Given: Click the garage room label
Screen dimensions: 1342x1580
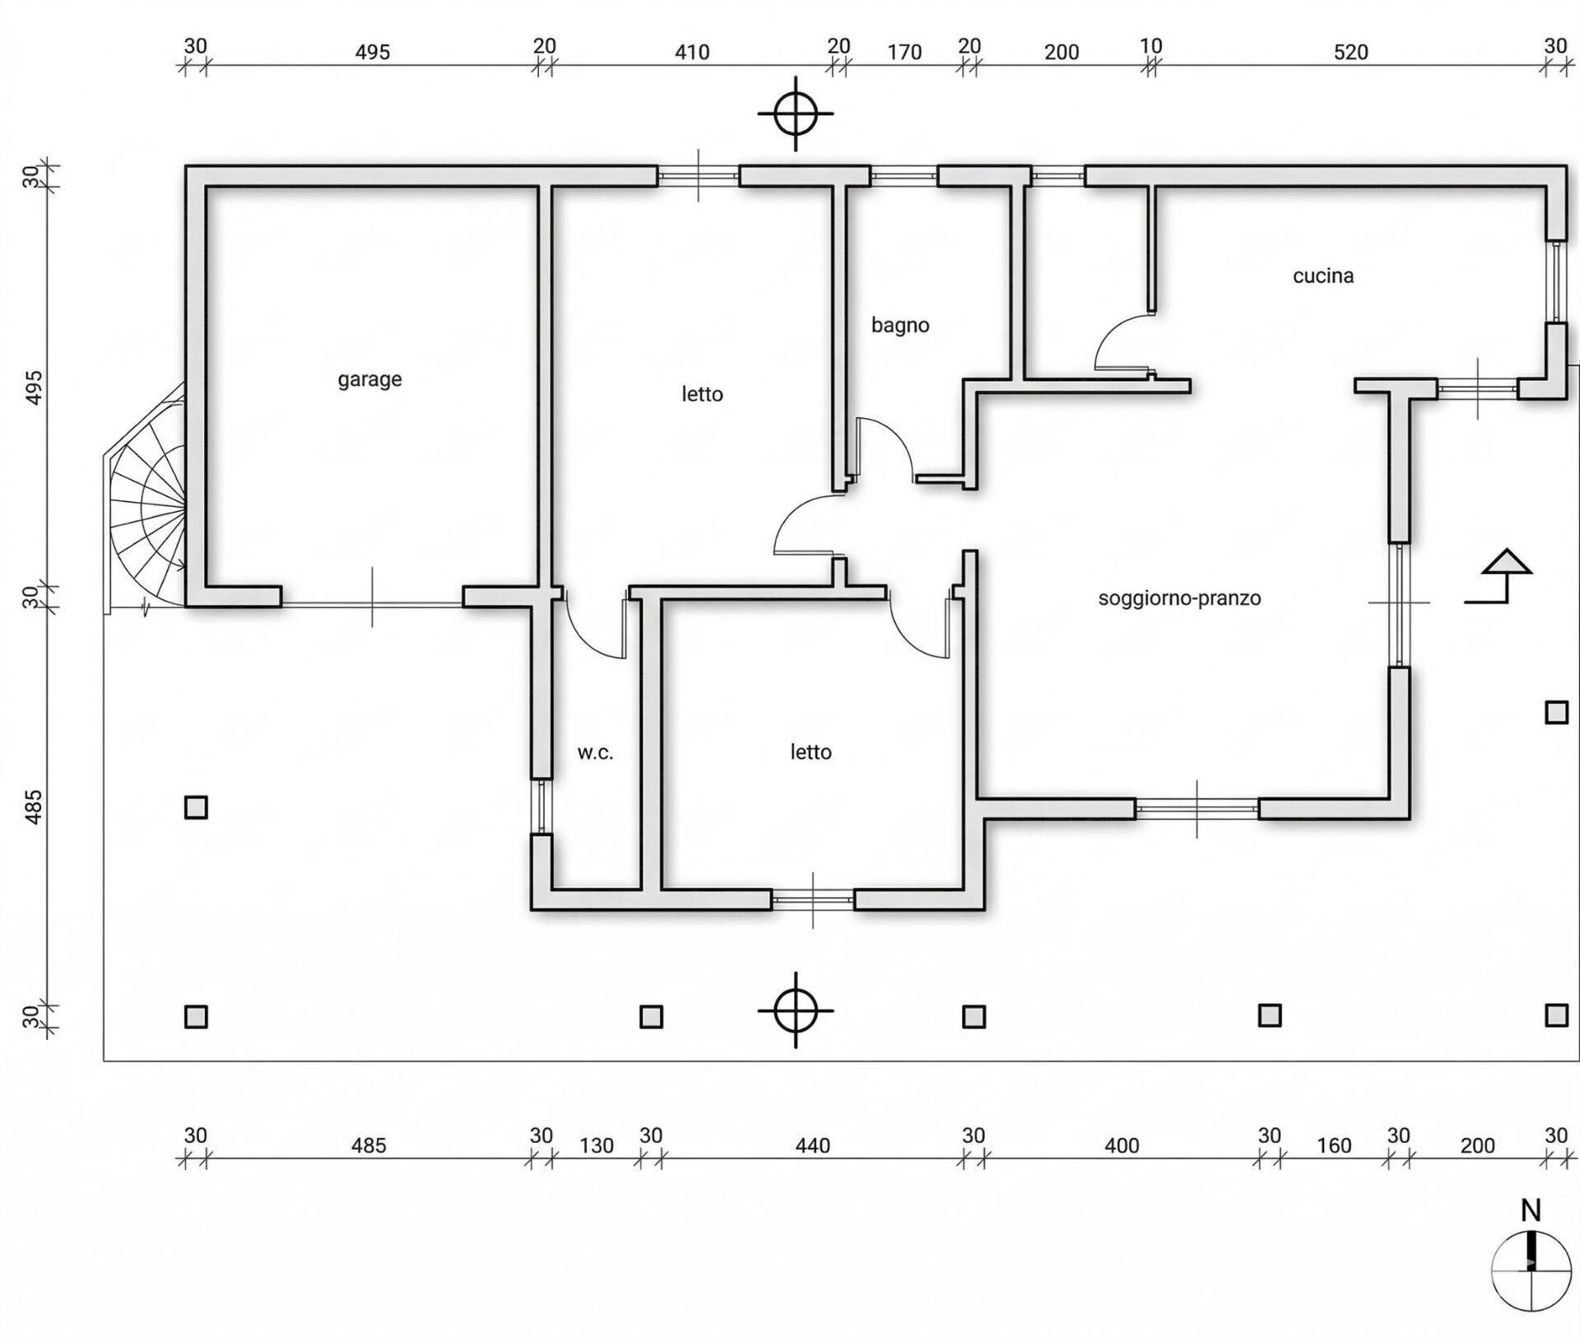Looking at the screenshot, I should pyautogui.click(x=369, y=379).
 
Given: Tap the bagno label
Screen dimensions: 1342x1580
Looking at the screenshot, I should pyautogui.click(x=900, y=325).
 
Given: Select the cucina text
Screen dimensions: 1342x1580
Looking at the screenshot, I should pyautogui.click(x=1322, y=276).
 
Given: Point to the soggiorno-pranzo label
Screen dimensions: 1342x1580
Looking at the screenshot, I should pyautogui.click(x=1179, y=598).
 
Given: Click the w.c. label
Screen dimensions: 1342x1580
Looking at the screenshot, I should pyautogui.click(x=595, y=752).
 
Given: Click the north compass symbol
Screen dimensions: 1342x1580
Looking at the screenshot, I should pyautogui.click(x=1531, y=1270).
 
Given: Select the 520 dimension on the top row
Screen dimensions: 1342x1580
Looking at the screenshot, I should pyautogui.click(x=1350, y=53).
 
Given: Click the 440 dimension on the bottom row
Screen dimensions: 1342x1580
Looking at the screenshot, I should pyautogui.click(x=812, y=1145).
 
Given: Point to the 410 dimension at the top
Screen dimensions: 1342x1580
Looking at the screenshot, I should pyautogui.click(x=691, y=53).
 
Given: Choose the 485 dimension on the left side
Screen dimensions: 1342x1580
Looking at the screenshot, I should pyautogui.click(x=33, y=807).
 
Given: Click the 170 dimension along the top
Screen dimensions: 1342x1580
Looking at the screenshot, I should pyautogui.click(x=904, y=53).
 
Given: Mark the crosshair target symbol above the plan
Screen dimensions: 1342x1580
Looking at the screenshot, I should pyautogui.click(x=795, y=114).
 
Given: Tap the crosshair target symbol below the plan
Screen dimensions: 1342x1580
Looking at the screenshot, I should pyautogui.click(x=795, y=1010).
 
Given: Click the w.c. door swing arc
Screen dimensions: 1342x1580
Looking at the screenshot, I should pyautogui.click(x=594, y=634).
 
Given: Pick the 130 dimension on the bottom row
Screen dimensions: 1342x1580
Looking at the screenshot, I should pyautogui.click(x=596, y=1145).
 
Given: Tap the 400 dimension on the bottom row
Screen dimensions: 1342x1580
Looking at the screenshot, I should pyautogui.click(x=1121, y=1145).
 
